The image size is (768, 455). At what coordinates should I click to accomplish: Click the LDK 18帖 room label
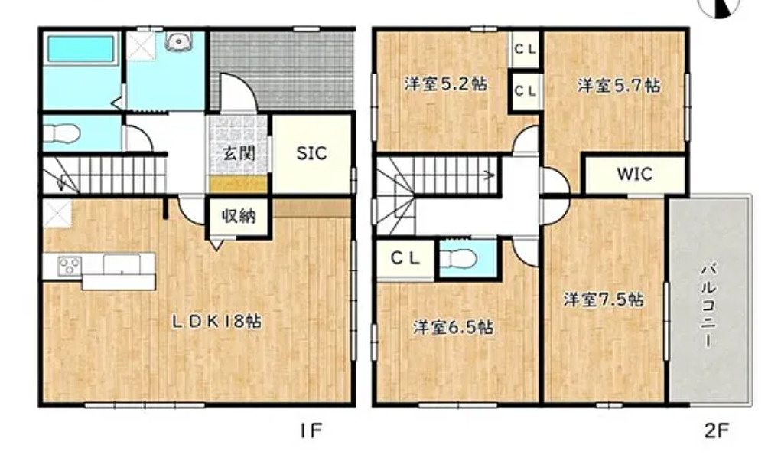(x=216, y=322)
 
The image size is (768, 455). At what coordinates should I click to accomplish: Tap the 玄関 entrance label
(x=237, y=152)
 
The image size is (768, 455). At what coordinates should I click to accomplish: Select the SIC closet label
(x=311, y=153)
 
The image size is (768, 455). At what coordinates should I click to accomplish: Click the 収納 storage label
(x=239, y=217)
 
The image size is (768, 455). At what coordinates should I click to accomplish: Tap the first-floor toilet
(x=61, y=135)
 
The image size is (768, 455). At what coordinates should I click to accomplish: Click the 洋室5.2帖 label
(x=446, y=84)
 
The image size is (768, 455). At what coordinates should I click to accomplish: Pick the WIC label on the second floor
(x=635, y=175)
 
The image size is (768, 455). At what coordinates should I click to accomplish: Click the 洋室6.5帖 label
(x=453, y=328)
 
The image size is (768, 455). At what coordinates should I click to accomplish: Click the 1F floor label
(x=311, y=430)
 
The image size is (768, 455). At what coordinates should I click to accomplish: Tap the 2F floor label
(x=717, y=430)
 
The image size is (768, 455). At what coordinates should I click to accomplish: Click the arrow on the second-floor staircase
(x=487, y=174)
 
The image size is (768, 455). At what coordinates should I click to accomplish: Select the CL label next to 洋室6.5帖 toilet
(x=406, y=258)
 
